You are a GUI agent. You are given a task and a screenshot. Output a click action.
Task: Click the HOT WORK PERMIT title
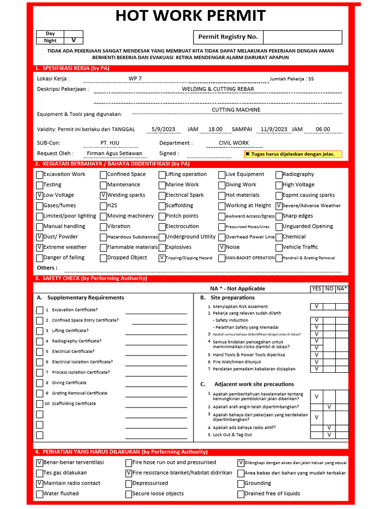(191, 15)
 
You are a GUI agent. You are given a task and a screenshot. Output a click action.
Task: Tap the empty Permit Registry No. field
(302, 37)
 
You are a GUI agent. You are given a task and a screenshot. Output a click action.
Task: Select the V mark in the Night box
(74, 41)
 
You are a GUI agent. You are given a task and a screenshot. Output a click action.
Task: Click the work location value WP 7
(135, 79)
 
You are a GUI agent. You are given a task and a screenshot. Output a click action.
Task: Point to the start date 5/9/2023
(162, 129)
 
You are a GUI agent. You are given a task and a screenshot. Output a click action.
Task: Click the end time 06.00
(323, 129)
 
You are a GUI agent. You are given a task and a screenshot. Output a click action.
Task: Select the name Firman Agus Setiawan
(114, 154)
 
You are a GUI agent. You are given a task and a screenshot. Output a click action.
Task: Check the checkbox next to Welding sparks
(103, 195)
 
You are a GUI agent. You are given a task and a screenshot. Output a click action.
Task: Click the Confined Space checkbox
(103, 174)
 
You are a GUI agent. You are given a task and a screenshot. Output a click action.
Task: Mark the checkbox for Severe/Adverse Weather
(279, 206)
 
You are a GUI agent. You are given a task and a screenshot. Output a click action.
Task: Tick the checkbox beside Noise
(222, 247)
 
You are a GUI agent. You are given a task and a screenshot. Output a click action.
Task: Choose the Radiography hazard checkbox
(279, 174)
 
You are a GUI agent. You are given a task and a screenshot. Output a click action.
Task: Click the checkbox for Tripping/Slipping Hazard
(162, 258)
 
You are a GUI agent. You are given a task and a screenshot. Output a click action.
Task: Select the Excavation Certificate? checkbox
(40, 310)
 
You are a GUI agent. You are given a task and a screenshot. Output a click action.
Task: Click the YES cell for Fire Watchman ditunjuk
(316, 362)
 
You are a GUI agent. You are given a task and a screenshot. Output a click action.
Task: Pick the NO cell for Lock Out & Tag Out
(329, 435)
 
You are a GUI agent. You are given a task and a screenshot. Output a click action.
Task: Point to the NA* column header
(342, 288)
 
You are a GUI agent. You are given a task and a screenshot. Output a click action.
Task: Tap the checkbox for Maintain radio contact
(40, 483)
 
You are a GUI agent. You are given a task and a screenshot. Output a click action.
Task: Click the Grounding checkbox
(241, 483)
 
